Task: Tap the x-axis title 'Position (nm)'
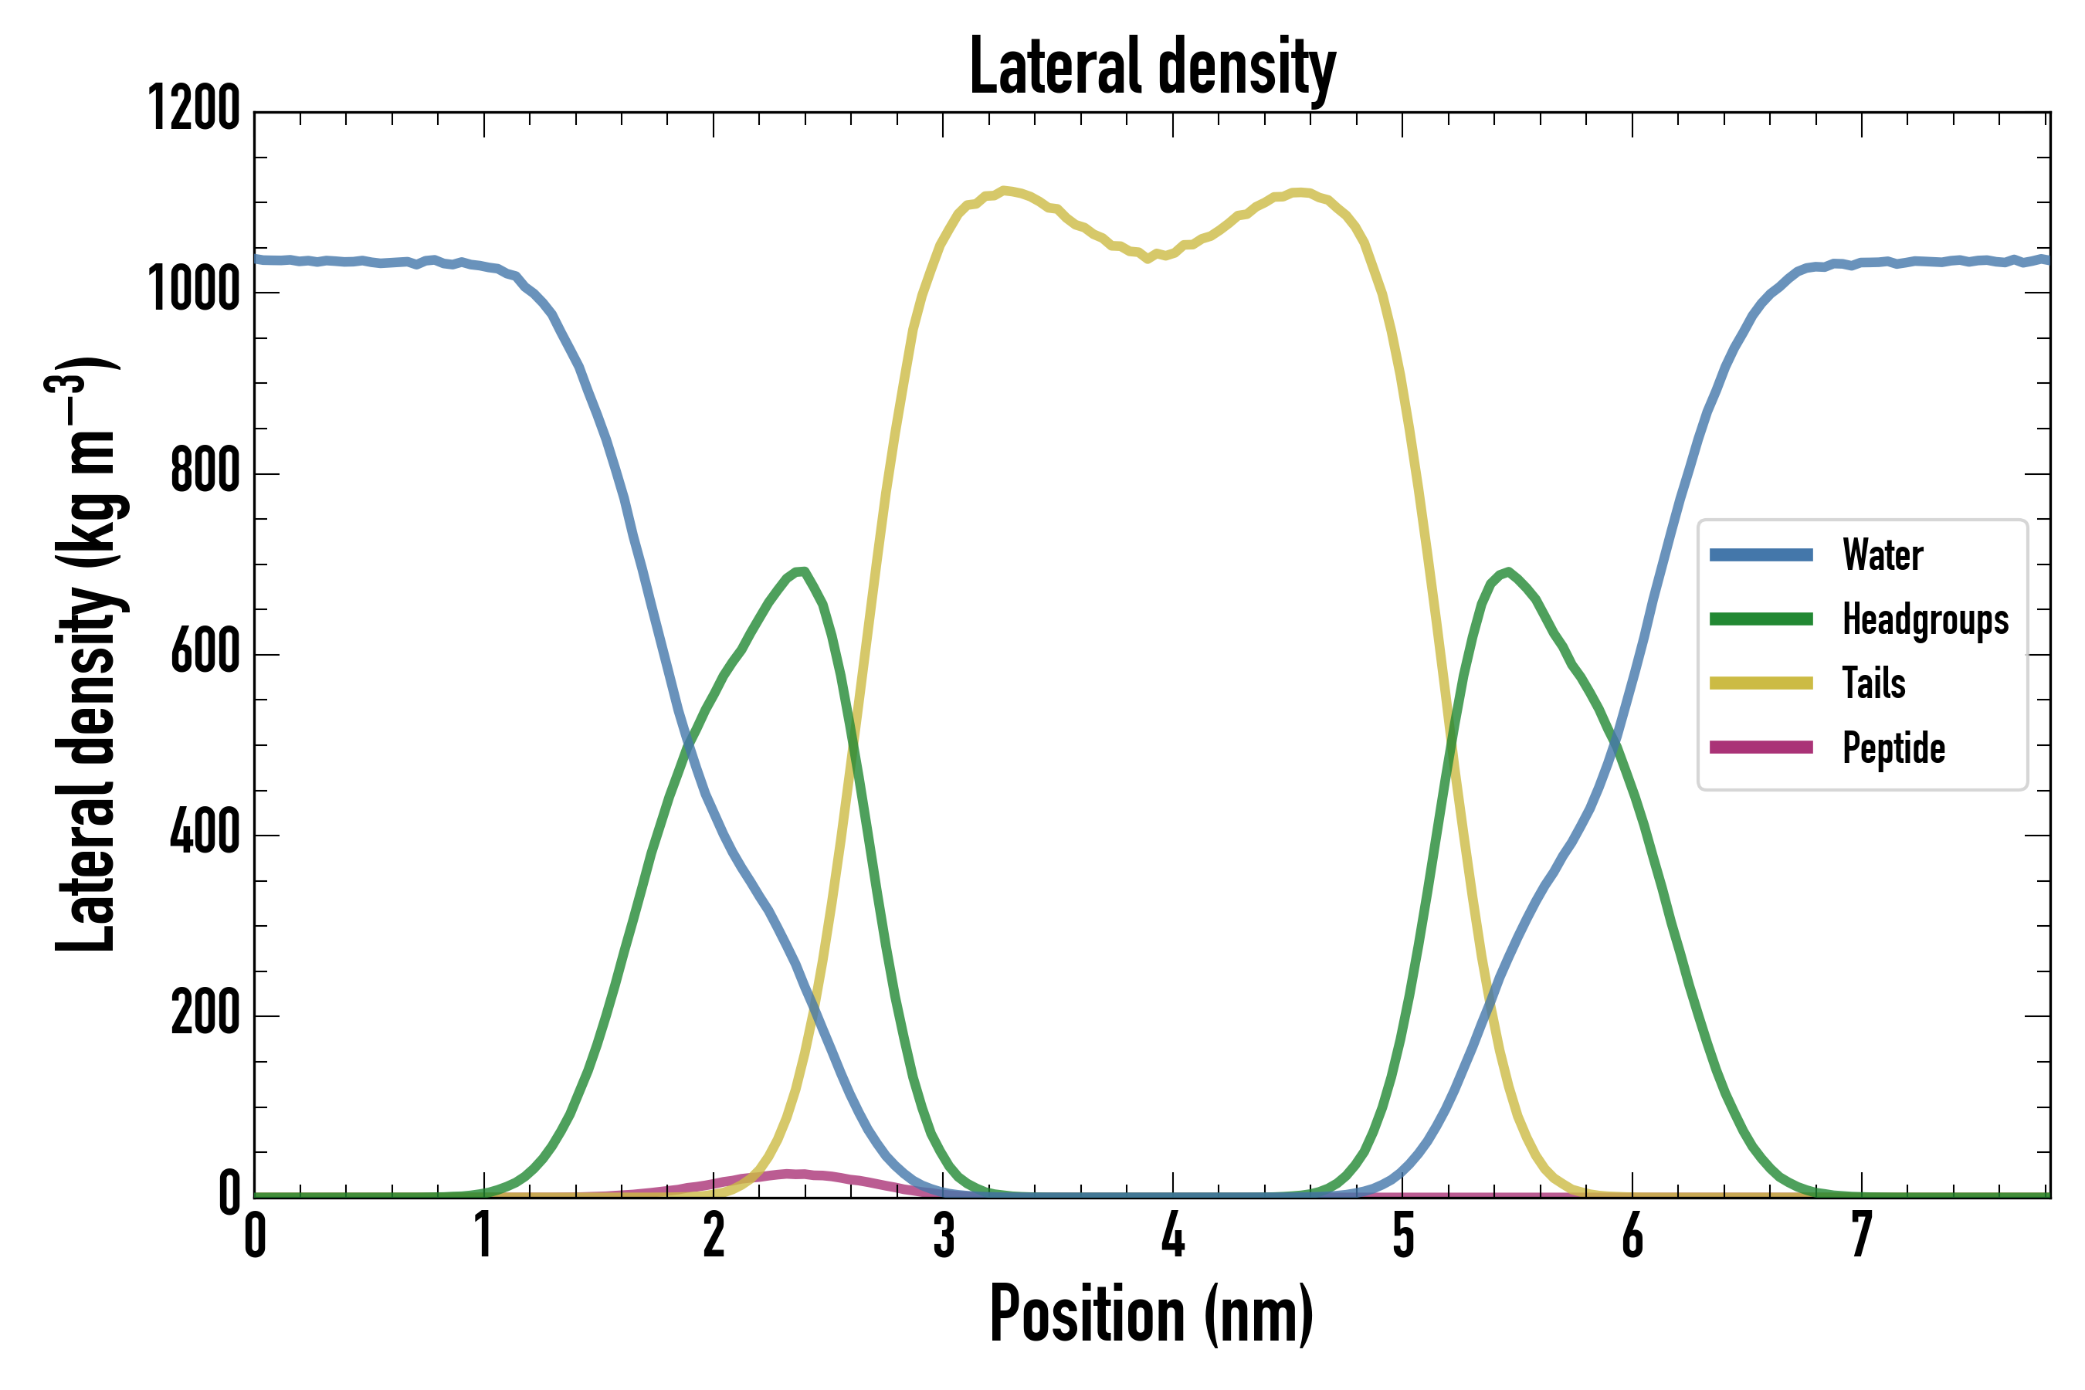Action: tap(1151, 1314)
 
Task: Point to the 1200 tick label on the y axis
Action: tap(194, 109)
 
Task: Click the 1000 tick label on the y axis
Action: tap(194, 290)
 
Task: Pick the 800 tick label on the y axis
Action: tap(205, 472)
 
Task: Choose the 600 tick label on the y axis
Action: tap(205, 653)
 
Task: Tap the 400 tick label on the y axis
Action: tap(205, 833)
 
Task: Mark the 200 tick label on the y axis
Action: tap(205, 1014)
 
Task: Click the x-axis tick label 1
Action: tap(483, 1236)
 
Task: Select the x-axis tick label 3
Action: tap(943, 1236)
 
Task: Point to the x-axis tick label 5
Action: tap(1402, 1236)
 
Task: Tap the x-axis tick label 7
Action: tap(1862, 1236)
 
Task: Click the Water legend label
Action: tap(1882, 556)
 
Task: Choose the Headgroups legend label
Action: tap(1925, 619)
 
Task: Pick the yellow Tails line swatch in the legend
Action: tap(1761, 683)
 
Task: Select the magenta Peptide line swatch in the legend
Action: tap(1761, 748)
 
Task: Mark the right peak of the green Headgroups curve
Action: tap(1508, 571)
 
